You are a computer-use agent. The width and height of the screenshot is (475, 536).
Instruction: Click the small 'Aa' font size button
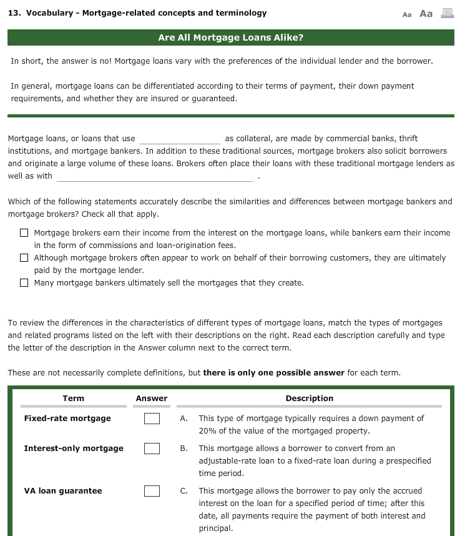(x=408, y=14)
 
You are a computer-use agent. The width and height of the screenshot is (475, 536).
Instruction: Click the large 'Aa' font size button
(x=426, y=13)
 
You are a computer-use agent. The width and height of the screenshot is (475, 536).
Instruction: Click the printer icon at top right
(x=447, y=13)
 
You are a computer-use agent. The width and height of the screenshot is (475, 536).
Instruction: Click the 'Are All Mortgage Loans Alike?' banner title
(x=230, y=37)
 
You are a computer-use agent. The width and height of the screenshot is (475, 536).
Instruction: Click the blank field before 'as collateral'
(x=179, y=139)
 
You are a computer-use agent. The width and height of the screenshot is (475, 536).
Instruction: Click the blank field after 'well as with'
(x=154, y=177)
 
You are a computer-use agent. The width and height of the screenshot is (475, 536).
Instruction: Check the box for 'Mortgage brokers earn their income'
(x=24, y=233)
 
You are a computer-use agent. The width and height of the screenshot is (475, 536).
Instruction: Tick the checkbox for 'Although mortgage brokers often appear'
(x=24, y=258)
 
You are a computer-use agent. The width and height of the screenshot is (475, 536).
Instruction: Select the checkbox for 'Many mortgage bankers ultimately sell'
(x=24, y=283)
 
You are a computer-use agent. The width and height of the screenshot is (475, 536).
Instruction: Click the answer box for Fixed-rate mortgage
(x=152, y=419)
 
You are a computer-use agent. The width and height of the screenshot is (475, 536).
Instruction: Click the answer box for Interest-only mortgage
(x=152, y=449)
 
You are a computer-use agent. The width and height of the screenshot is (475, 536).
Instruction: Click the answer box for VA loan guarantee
(x=152, y=491)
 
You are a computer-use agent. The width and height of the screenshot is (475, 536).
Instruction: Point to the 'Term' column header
(x=73, y=399)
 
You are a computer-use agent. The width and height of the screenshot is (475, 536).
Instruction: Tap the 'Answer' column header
(x=152, y=399)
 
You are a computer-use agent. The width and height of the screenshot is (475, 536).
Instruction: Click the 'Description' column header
(x=309, y=399)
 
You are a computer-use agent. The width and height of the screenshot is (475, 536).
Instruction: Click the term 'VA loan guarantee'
(x=62, y=491)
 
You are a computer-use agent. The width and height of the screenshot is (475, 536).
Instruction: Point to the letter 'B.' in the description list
(x=184, y=449)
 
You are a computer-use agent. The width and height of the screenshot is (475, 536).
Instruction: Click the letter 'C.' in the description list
(x=184, y=491)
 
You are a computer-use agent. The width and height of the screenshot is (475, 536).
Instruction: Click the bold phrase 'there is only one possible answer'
(x=273, y=373)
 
